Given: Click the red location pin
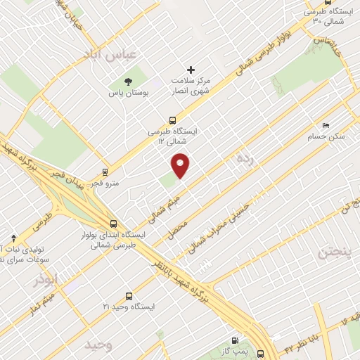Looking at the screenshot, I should pyautogui.click(x=181, y=165).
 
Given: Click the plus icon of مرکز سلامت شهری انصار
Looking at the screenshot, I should pyautogui.click(x=191, y=69).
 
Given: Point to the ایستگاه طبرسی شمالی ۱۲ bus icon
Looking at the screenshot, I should pyautogui.click(x=173, y=120).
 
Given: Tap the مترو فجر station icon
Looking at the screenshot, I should pyautogui.click(x=105, y=172).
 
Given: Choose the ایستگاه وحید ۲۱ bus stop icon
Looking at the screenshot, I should pyautogui.click(x=128, y=296).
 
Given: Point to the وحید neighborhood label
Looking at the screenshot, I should pyautogui.click(x=98, y=345).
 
